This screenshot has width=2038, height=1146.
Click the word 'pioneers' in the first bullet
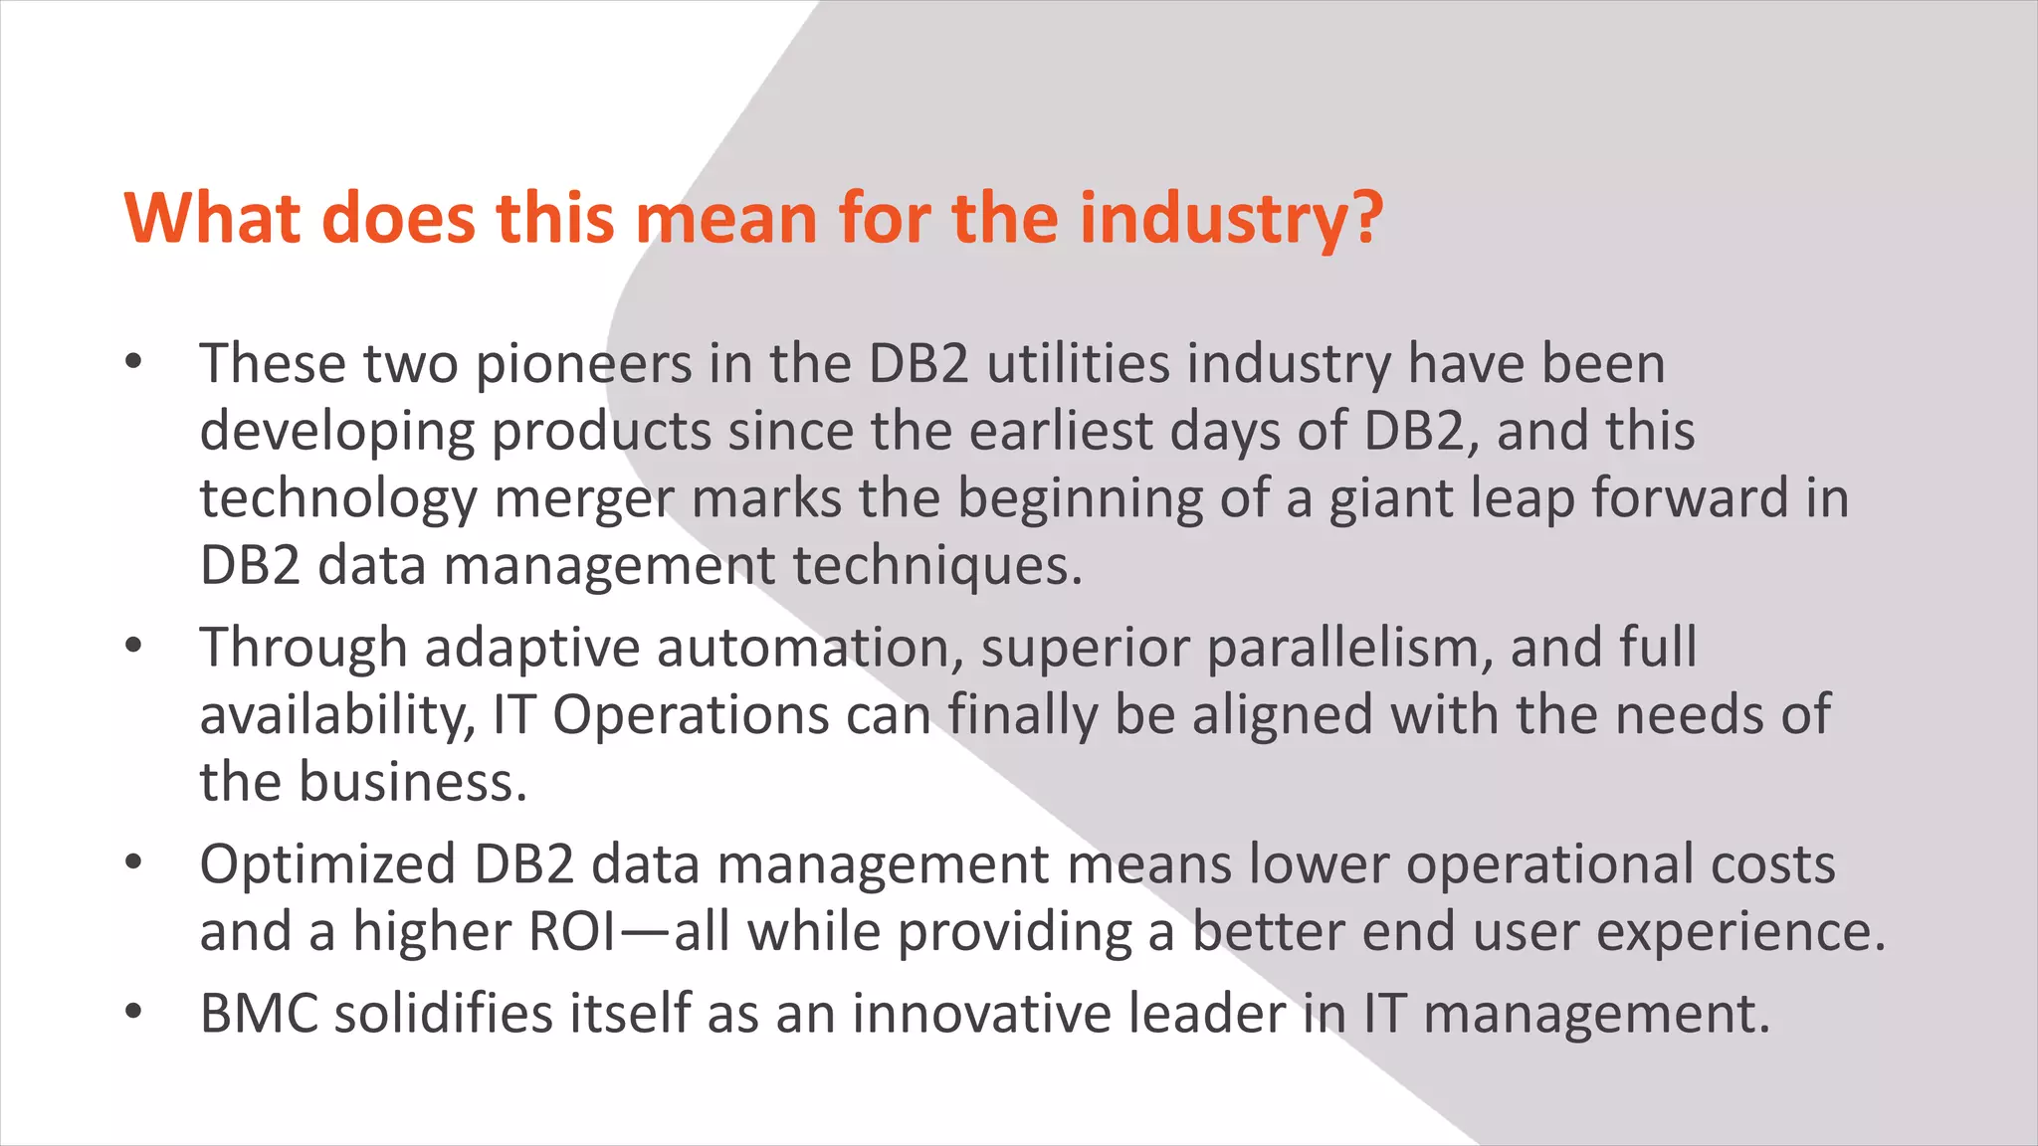583,364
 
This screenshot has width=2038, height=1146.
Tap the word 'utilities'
1078,364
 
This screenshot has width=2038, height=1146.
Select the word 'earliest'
1061,432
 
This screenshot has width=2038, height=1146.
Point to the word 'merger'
584,498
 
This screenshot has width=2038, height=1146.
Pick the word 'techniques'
936,566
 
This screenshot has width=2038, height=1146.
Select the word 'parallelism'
1350,648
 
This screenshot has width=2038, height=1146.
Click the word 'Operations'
691,715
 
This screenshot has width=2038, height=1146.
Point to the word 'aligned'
1283,715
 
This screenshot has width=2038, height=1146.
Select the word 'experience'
1740,932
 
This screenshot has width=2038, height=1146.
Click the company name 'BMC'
259,1014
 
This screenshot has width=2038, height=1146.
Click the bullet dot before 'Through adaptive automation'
134,648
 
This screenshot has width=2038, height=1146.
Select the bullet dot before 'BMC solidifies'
134,1014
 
